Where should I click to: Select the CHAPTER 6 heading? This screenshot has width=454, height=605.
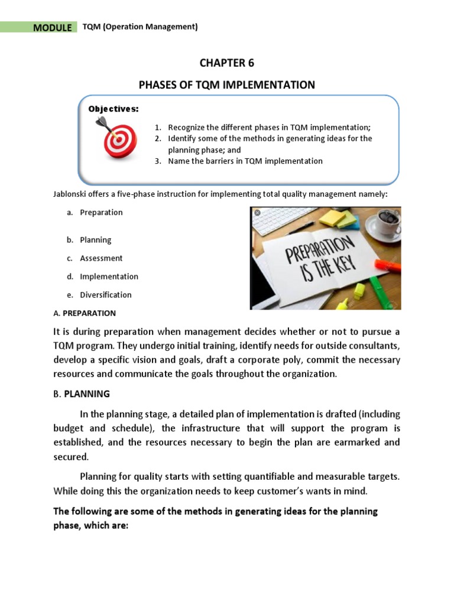click(x=226, y=63)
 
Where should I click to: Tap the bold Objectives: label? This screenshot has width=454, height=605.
click(x=113, y=109)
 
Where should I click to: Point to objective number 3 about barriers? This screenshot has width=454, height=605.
click(x=239, y=161)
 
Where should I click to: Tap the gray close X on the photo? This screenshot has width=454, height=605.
click(x=257, y=213)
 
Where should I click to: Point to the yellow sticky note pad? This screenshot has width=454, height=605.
click(x=337, y=219)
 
